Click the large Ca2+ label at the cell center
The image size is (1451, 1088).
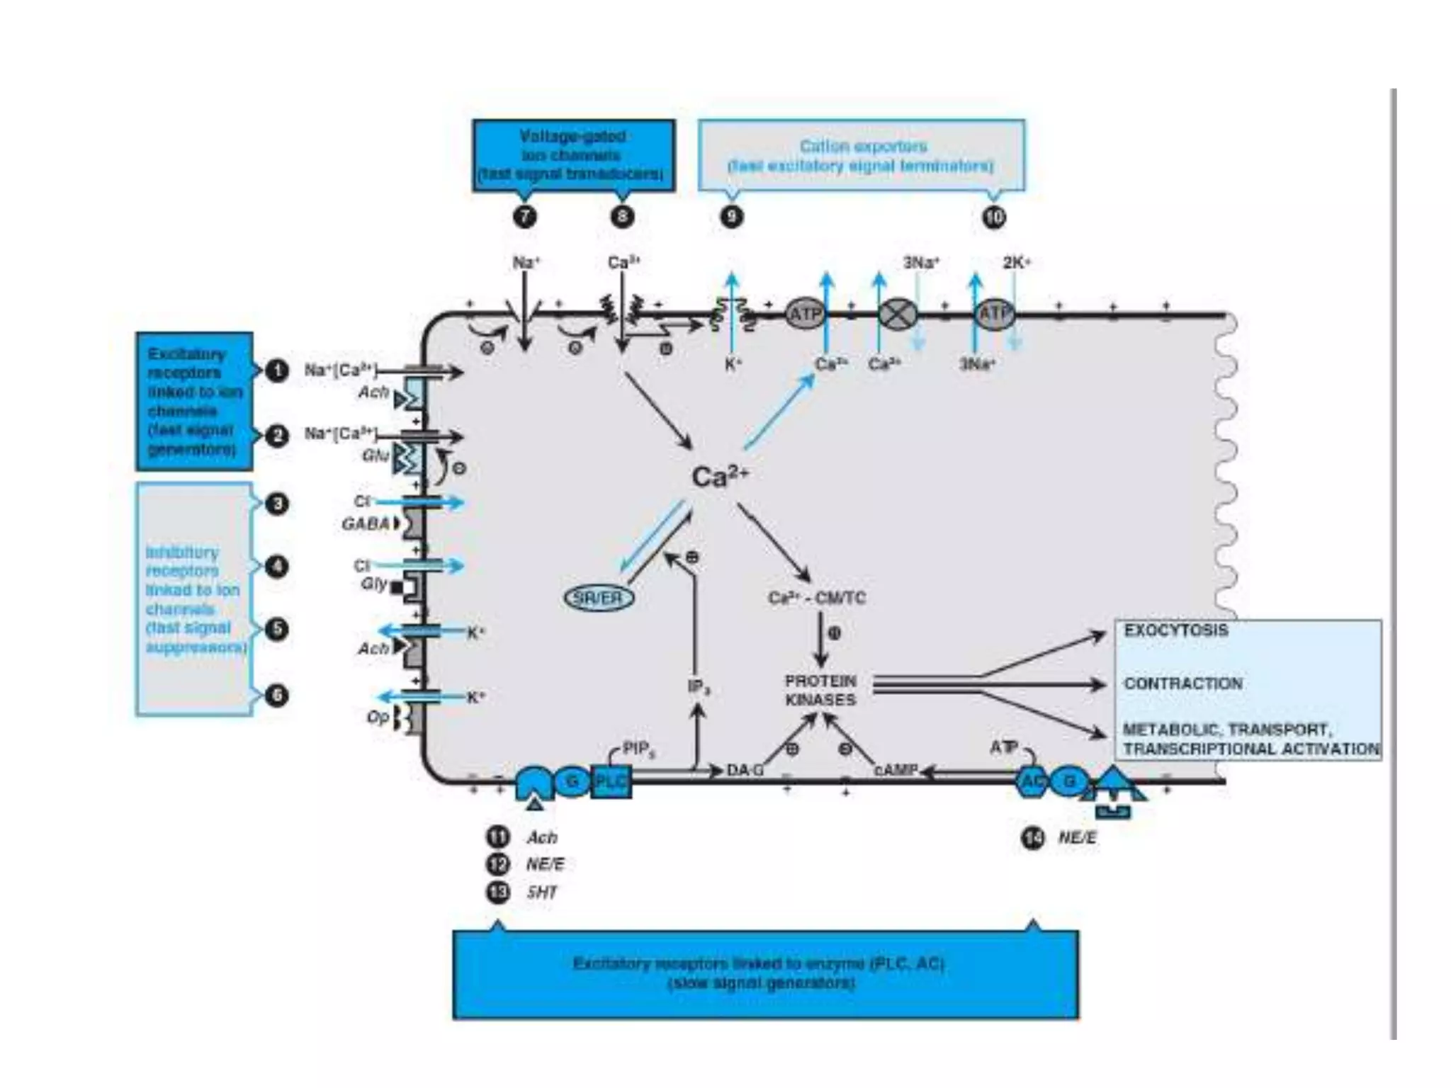[718, 477]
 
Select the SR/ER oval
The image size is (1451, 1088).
[599, 599]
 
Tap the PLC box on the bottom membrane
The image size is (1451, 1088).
[610, 781]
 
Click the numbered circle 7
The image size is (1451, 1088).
[524, 216]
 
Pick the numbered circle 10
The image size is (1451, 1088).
[994, 216]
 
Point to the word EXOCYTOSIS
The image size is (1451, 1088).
[1175, 630]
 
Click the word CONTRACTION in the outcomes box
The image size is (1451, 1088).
[1182, 684]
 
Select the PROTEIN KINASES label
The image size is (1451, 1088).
[820, 690]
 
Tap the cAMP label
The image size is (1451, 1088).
[896, 770]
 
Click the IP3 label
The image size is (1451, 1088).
[699, 687]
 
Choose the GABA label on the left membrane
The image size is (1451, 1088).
[366, 524]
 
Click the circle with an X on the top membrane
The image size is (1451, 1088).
[898, 314]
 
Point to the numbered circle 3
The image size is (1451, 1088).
[277, 504]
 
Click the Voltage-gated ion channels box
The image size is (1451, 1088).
[573, 155]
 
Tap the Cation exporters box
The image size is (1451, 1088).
[862, 155]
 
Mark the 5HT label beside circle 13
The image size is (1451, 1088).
[541, 892]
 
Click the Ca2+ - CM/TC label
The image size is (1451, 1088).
[816, 599]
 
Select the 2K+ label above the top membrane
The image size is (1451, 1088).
[1016, 263]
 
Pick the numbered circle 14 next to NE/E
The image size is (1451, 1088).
[1032, 838]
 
